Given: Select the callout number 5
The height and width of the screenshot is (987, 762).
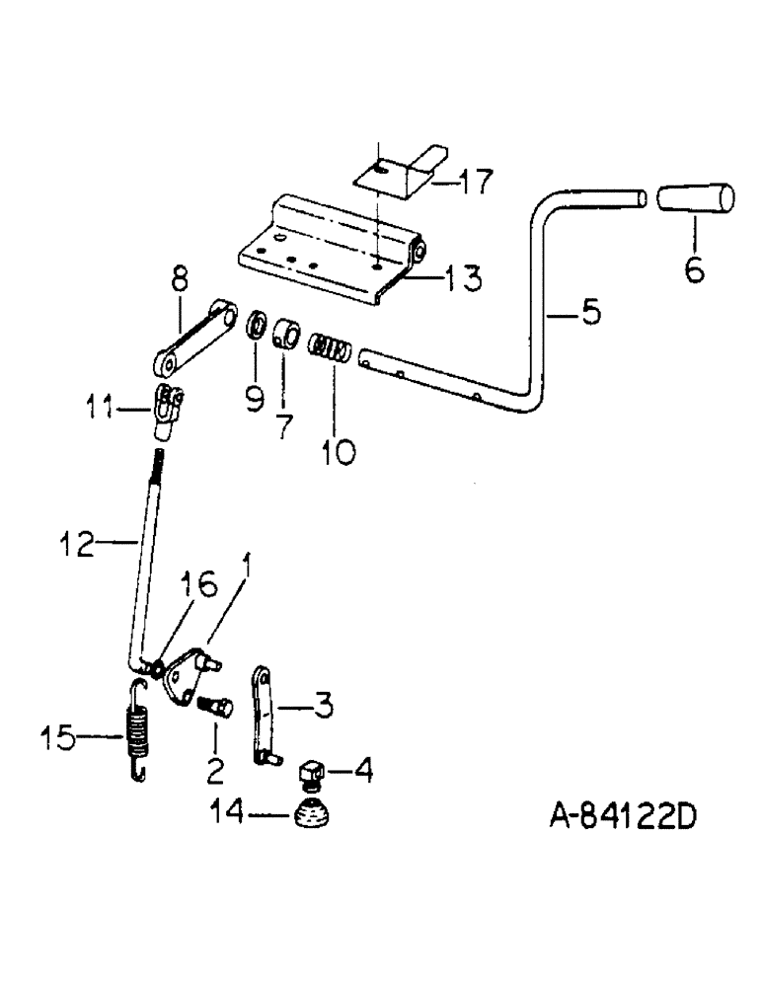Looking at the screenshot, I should pos(589,314).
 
